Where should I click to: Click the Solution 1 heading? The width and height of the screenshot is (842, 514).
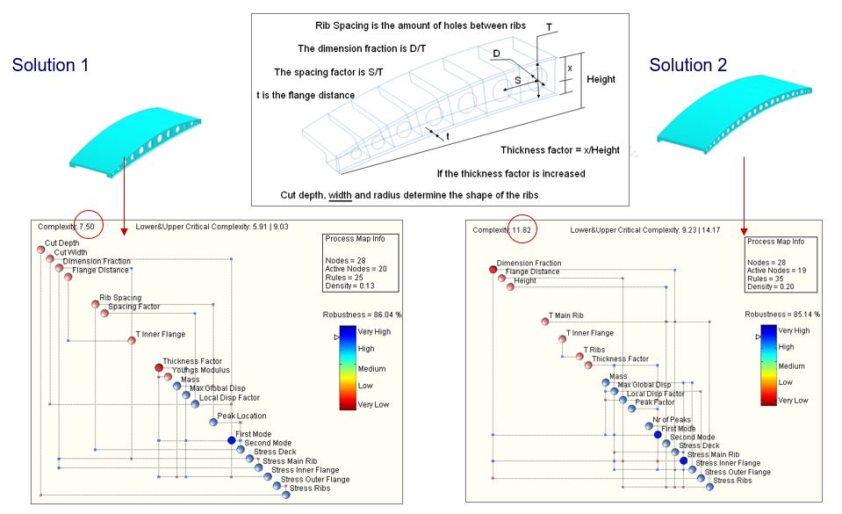[52, 64]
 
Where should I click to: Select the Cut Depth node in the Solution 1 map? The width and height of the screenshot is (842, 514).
[40, 250]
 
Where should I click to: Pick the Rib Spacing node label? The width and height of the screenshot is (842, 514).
[120, 298]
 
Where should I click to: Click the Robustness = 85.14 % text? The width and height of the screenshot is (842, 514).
[782, 313]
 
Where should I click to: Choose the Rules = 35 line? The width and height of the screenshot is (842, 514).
[766, 279]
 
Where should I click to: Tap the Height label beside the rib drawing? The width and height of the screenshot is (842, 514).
[601, 79]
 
